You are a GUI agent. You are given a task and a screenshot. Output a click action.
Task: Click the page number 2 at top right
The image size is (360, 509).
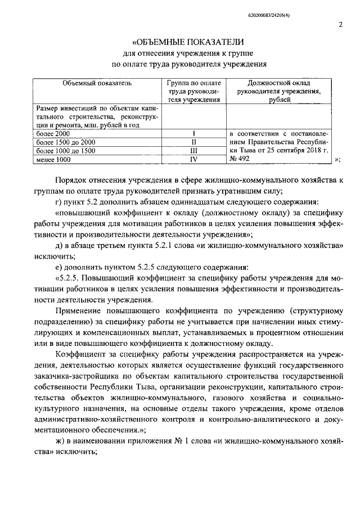341,24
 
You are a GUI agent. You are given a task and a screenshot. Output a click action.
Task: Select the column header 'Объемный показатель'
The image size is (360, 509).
97,83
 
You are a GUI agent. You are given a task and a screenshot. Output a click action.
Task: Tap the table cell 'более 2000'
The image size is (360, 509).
52,134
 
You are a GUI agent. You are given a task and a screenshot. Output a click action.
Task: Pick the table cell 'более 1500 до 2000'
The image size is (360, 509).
65,142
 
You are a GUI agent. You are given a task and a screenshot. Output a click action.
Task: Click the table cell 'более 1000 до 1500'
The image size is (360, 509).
65,151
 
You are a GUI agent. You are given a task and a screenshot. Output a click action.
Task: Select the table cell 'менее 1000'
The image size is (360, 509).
53,159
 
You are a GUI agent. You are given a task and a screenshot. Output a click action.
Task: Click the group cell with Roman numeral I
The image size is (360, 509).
193,134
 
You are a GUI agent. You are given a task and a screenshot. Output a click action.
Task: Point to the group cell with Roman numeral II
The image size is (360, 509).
193,142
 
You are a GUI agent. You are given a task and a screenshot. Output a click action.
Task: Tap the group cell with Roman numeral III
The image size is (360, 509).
193,151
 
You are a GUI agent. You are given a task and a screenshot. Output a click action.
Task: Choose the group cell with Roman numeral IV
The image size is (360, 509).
193,159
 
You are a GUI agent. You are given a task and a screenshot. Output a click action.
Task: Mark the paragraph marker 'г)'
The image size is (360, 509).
60,202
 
